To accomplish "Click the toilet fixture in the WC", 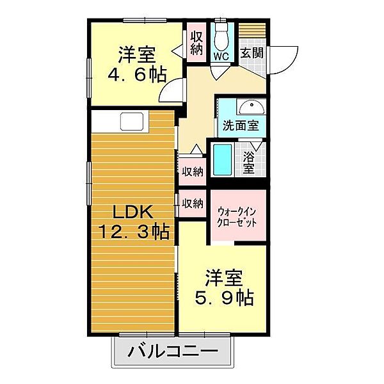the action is [221, 36].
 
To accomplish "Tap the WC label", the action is [221, 56].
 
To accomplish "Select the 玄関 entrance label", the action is [252, 52].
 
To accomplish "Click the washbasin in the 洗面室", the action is [252, 107].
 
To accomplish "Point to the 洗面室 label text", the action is [241, 125].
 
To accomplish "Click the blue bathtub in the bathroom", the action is [222, 159].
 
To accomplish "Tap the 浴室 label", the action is [248, 163].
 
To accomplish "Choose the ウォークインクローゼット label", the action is [237, 217].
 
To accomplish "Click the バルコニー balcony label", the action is [173, 352].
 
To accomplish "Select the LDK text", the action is [132, 212].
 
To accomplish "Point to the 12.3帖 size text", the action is [134, 232].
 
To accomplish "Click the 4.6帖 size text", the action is [138, 74].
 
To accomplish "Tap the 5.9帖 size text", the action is [224, 298].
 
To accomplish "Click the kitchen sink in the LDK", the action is [131, 121].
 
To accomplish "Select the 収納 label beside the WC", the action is [196, 43].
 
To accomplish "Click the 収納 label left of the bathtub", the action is [193, 172].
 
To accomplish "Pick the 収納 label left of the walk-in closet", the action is [193, 203].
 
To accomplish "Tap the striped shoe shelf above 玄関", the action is [252, 30].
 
